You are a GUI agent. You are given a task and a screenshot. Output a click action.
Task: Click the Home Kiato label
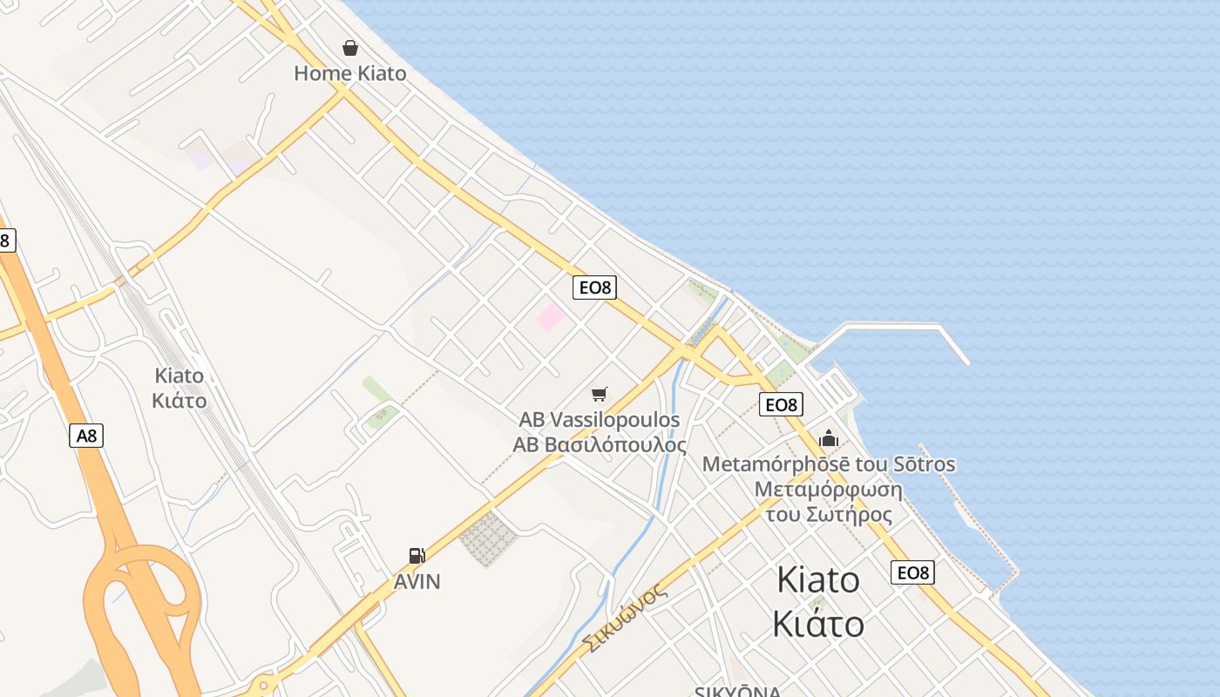tap(349, 73)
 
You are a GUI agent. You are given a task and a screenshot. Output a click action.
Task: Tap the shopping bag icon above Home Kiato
tap(349, 47)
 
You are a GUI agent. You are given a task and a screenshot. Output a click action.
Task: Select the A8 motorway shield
tap(86, 435)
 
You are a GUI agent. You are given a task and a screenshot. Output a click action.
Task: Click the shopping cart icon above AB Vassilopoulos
tap(599, 395)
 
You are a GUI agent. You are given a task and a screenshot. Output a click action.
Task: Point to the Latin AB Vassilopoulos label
tap(599, 420)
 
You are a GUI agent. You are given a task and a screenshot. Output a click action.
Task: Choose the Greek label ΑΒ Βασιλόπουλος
tap(599, 444)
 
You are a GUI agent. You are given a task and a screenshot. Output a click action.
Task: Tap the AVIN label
tap(417, 581)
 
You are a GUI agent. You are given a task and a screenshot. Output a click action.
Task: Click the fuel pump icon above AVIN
tap(417, 556)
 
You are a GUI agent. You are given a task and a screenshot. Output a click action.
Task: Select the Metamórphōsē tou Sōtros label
tap(828, 464)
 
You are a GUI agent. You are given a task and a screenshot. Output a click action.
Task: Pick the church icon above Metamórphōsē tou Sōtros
tap(828, 438)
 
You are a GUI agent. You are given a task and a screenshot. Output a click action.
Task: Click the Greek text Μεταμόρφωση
tap(828, 489)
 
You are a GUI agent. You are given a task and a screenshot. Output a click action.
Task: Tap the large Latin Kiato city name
tap(817, 580)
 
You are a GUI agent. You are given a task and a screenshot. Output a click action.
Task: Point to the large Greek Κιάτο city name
tap(817, 624)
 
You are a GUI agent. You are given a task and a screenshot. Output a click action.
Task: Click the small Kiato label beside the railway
tap(179, 376)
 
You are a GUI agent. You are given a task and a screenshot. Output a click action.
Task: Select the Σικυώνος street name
tap(624, 619)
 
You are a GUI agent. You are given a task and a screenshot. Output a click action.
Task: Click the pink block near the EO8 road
tap(550, 317)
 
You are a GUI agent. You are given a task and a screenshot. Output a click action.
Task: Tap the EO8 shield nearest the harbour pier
tap(781, 404)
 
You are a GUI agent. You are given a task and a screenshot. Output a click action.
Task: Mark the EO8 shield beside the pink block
tap(594, 288)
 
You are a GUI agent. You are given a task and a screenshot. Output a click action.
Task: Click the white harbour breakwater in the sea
tap(898, 327)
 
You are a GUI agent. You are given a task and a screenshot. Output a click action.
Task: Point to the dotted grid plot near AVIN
tap(488, 537)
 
